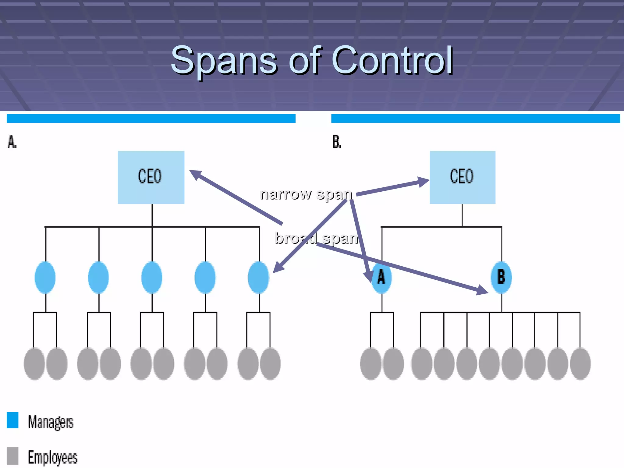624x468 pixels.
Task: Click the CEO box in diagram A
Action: [151, 177]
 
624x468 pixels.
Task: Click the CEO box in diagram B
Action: [462, 177]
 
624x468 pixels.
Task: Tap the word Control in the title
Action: [392, 60]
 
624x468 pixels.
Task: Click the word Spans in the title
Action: [224, 61]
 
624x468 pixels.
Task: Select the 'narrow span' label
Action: [306, 194]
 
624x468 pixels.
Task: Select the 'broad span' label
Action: [316, 238]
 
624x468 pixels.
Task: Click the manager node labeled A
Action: [381, 277]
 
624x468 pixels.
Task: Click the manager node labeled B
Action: [501, 277]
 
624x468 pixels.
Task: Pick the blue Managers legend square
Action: [12, 420]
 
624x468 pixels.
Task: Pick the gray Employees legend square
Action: [12, 456]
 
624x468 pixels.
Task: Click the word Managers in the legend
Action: [51, 422]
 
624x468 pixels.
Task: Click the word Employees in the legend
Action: [53, 457]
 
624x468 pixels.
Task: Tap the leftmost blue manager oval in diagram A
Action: [45, 277]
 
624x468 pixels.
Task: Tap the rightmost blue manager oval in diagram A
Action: [258, 277]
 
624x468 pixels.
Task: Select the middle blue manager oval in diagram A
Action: [152, 277]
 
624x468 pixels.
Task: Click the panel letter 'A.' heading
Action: [12, 142]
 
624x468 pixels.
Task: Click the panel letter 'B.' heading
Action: [337, 142]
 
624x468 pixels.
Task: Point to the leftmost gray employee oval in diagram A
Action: [34, 363]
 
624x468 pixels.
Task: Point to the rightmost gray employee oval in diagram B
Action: [580, 363]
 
